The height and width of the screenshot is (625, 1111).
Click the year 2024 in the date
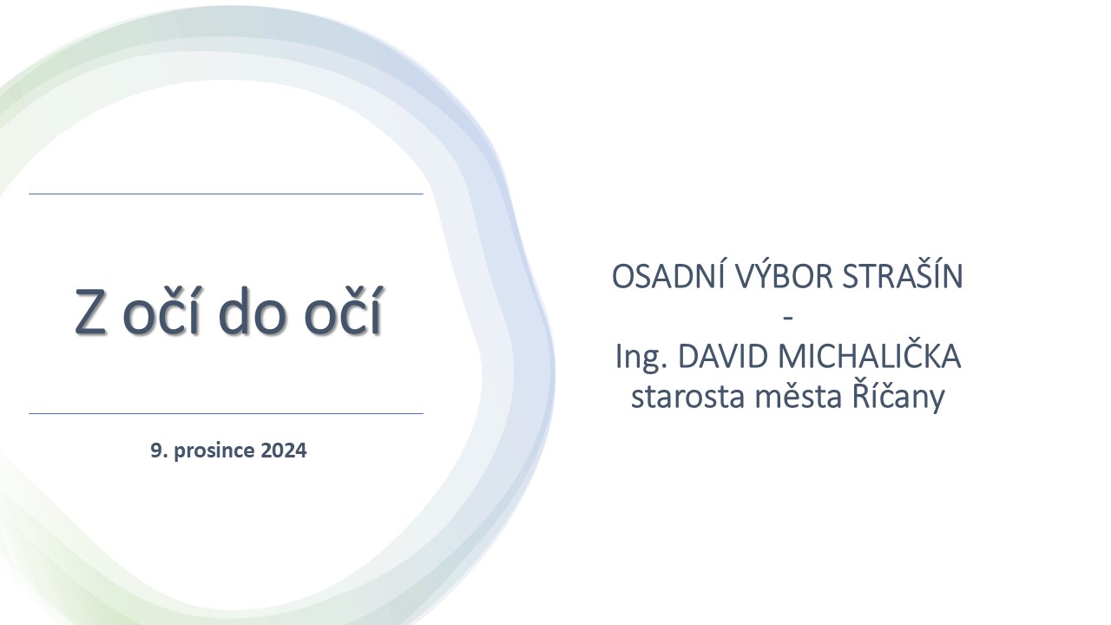tap(284, 451)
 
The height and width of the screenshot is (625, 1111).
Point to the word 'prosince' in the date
tap(214, 451)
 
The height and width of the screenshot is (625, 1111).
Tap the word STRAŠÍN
tap(902, 276)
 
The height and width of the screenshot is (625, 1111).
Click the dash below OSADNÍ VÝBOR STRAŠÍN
tap(787, 318)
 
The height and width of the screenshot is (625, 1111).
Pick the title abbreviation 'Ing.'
tap(641, 357)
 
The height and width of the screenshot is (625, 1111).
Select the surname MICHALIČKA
tap(870, 355)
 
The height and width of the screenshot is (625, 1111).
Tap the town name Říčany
tap(898, 397)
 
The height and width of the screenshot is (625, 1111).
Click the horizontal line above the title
tap(227, 194)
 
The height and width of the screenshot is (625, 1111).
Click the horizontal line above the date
tap(227, 413)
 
